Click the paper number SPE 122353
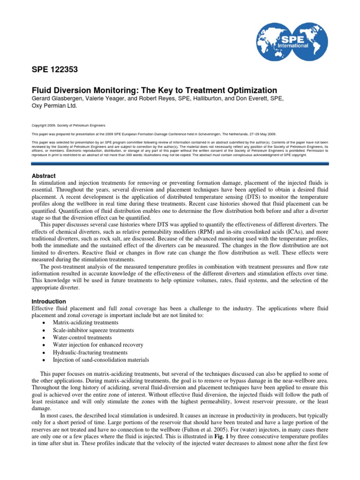(54, 70)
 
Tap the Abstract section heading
(44, 175)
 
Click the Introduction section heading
(48, 301)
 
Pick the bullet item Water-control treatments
(82, 337)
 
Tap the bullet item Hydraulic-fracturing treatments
(90, 352)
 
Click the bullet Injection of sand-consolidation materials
(101, 360)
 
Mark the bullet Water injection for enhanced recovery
(97, 345)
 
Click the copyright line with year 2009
(68, 126)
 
